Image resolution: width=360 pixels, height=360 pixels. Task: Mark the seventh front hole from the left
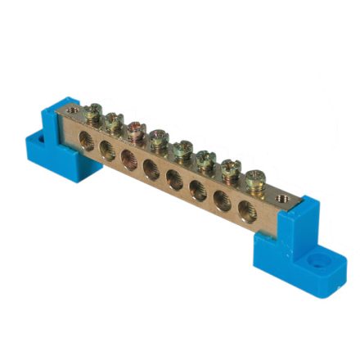point(222,200)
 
